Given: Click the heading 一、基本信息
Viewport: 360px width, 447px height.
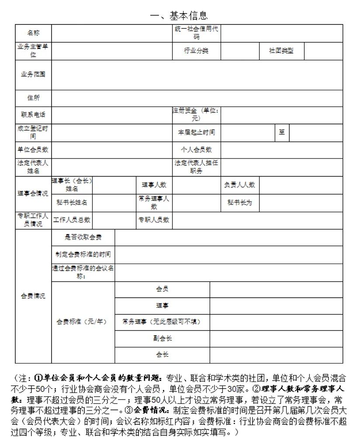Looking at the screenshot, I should click(179, 16).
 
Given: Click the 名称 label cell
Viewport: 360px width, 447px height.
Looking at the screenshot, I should click(33, 33).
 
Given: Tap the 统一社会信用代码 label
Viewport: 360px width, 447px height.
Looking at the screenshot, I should click(196, 33).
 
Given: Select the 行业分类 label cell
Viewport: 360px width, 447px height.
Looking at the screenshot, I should click(196, 51).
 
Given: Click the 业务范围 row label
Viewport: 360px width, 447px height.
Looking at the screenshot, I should click(33, 74).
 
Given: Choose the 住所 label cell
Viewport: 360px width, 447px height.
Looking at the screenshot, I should click(33, 98).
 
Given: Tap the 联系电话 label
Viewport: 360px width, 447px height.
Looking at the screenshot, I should click(33, 115).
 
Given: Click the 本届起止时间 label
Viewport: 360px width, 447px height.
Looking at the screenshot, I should click(196, 132).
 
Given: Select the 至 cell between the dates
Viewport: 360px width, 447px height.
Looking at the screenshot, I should click(282, 132).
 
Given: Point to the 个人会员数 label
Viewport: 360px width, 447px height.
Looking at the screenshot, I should click(196, 150).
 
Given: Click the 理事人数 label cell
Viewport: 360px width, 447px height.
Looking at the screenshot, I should click(154, 185).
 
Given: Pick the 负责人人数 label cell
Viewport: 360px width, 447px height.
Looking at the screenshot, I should click(239, 185).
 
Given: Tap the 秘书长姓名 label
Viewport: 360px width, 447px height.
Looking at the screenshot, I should click(72, 203).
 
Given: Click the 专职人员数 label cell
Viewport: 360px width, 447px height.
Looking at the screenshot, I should click(154, 220).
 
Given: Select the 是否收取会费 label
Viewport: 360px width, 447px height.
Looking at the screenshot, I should click(83, 237).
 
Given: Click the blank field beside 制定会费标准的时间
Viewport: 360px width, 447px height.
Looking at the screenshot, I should click(228, 254).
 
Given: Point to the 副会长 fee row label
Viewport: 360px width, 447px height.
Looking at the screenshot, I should click(162, 338).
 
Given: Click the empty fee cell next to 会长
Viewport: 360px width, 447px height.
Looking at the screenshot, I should click(276, 354).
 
